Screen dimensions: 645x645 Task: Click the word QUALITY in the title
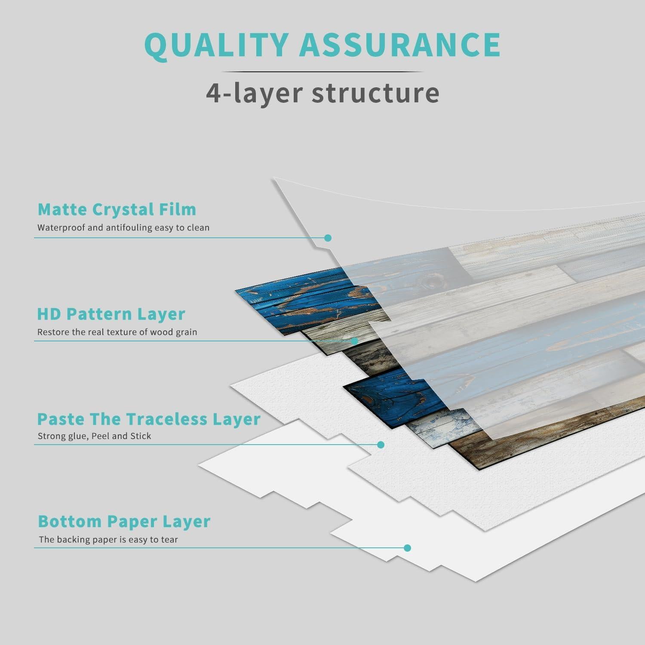215,44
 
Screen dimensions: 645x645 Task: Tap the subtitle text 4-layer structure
322,92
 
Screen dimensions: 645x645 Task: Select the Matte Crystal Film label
117,209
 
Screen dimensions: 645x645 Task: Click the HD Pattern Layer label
111,314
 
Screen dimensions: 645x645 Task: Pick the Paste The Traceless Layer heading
149,419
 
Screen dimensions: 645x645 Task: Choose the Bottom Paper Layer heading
124,521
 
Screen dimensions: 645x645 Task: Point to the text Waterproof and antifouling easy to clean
123,228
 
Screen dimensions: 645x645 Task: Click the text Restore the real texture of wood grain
117,332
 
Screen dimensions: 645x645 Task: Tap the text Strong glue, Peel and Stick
94,436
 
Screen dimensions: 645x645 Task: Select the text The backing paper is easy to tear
108,540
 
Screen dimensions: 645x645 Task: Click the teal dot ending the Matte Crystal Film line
328,238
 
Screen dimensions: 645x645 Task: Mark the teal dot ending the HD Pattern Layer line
354,341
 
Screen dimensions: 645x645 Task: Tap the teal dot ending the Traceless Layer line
381,445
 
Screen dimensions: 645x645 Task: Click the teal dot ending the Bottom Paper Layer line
408,548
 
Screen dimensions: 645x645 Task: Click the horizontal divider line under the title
322,72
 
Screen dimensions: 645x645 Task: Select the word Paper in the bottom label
132,521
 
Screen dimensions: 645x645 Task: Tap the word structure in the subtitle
375,92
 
